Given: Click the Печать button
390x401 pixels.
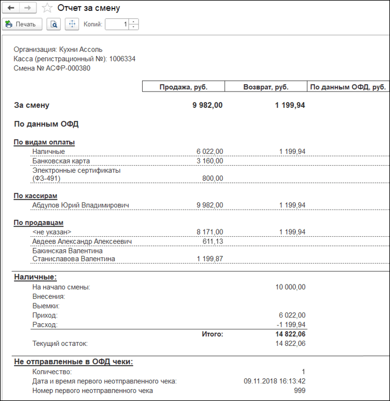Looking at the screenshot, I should pyautogui.click(x=22, y=24).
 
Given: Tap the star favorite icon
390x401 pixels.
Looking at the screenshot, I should pyautogui.click(x=48, y=9).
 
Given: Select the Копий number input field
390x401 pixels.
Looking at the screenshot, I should pyautogui.click(x=117, y=24).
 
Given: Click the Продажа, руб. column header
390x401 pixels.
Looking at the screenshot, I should pyautogui.click(x=183, y=87).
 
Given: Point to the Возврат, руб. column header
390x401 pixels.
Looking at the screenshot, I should pyautogui.click(x=265, y=87).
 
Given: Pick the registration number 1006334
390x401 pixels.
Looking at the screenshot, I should pyautogui.click(x=122, y=59).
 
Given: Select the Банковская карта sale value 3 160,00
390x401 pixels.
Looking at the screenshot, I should pyautogui.click(x=209, y=161).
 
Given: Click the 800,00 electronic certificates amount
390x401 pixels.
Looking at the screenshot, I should pyautogui.click(x=213, y=178).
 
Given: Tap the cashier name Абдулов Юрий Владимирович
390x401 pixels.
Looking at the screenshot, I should pyautogui.click(x=81, y=205).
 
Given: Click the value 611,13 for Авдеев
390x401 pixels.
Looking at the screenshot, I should pyautogui.click(x=213, y=241).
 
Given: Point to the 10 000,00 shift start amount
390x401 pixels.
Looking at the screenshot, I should pyautogui.click(x=290, y=287).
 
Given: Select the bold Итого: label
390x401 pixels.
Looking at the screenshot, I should pyautogui.click(x=212, y=335).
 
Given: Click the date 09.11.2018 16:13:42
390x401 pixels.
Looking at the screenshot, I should pyautogui.click(x=275, y=381).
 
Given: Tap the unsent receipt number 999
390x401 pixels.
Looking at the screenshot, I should pyautogui.click(x=300, y=390).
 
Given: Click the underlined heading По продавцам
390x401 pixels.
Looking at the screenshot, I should pyautogui.click(x=38, y=223).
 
